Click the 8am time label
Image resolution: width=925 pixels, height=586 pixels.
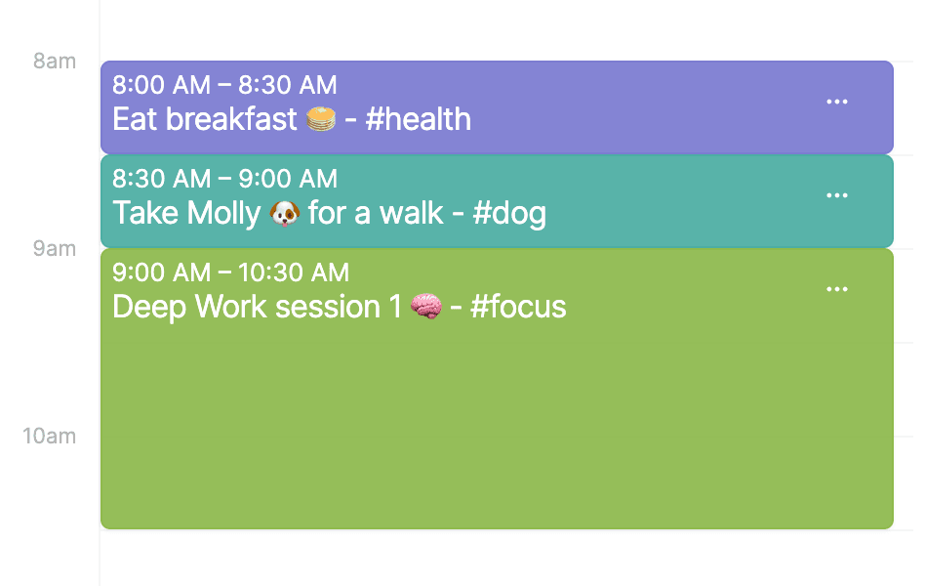tap(55, 61)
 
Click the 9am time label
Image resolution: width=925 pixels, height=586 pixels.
tap(55, 249)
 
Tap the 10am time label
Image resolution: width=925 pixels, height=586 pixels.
tap(50, 436)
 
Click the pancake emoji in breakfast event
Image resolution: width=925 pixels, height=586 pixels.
tap(321, 119)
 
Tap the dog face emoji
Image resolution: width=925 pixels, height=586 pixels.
tap(285, 213)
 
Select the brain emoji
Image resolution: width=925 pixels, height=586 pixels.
tap(426, 307)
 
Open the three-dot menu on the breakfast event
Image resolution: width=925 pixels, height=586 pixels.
tap(837, 102)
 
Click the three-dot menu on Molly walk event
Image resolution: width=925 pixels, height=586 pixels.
tap(837, 195)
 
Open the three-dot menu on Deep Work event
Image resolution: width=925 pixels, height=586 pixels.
tap(837, 289)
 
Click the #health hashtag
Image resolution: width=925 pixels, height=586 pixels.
tap(419, 119)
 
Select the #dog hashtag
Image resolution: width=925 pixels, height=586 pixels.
tap(509, 213)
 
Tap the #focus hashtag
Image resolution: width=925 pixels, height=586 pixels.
tap(518, 307)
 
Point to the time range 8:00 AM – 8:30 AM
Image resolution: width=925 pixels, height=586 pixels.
tap(224, 85)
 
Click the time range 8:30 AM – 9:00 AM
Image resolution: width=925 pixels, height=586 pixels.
tap(224, 179)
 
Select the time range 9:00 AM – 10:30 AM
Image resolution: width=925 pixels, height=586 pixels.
tap(230, 272)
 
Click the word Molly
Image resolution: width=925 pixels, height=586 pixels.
tap(224, 213)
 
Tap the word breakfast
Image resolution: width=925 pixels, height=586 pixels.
tap(231, 119)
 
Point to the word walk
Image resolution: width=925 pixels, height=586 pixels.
tap(411, 213)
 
